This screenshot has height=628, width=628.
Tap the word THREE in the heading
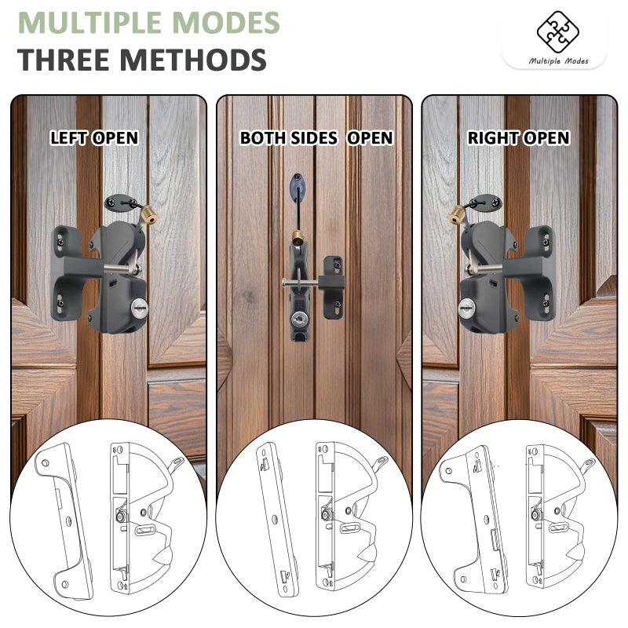point(64,60)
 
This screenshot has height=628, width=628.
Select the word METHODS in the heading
point(193,60)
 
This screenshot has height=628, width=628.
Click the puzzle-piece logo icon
point(557,31)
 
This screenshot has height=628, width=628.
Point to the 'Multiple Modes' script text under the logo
point(558,61)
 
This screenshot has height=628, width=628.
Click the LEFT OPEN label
point(94,138)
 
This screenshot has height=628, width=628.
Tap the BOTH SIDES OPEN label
point(316,138)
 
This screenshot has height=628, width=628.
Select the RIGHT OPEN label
point(519,138)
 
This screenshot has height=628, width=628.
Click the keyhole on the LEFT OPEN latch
point(139,308)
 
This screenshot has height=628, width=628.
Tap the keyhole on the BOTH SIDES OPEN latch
point(299,319)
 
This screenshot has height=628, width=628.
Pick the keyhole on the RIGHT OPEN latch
point(467,308)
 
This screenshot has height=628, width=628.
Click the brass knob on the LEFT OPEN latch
point(148,214)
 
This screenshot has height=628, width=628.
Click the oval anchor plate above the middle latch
point(298,188)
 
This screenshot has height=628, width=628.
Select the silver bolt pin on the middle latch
point(301,283)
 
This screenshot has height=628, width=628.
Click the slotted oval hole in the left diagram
point(145,531)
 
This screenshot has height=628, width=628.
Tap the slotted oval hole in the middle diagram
point(350,528)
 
